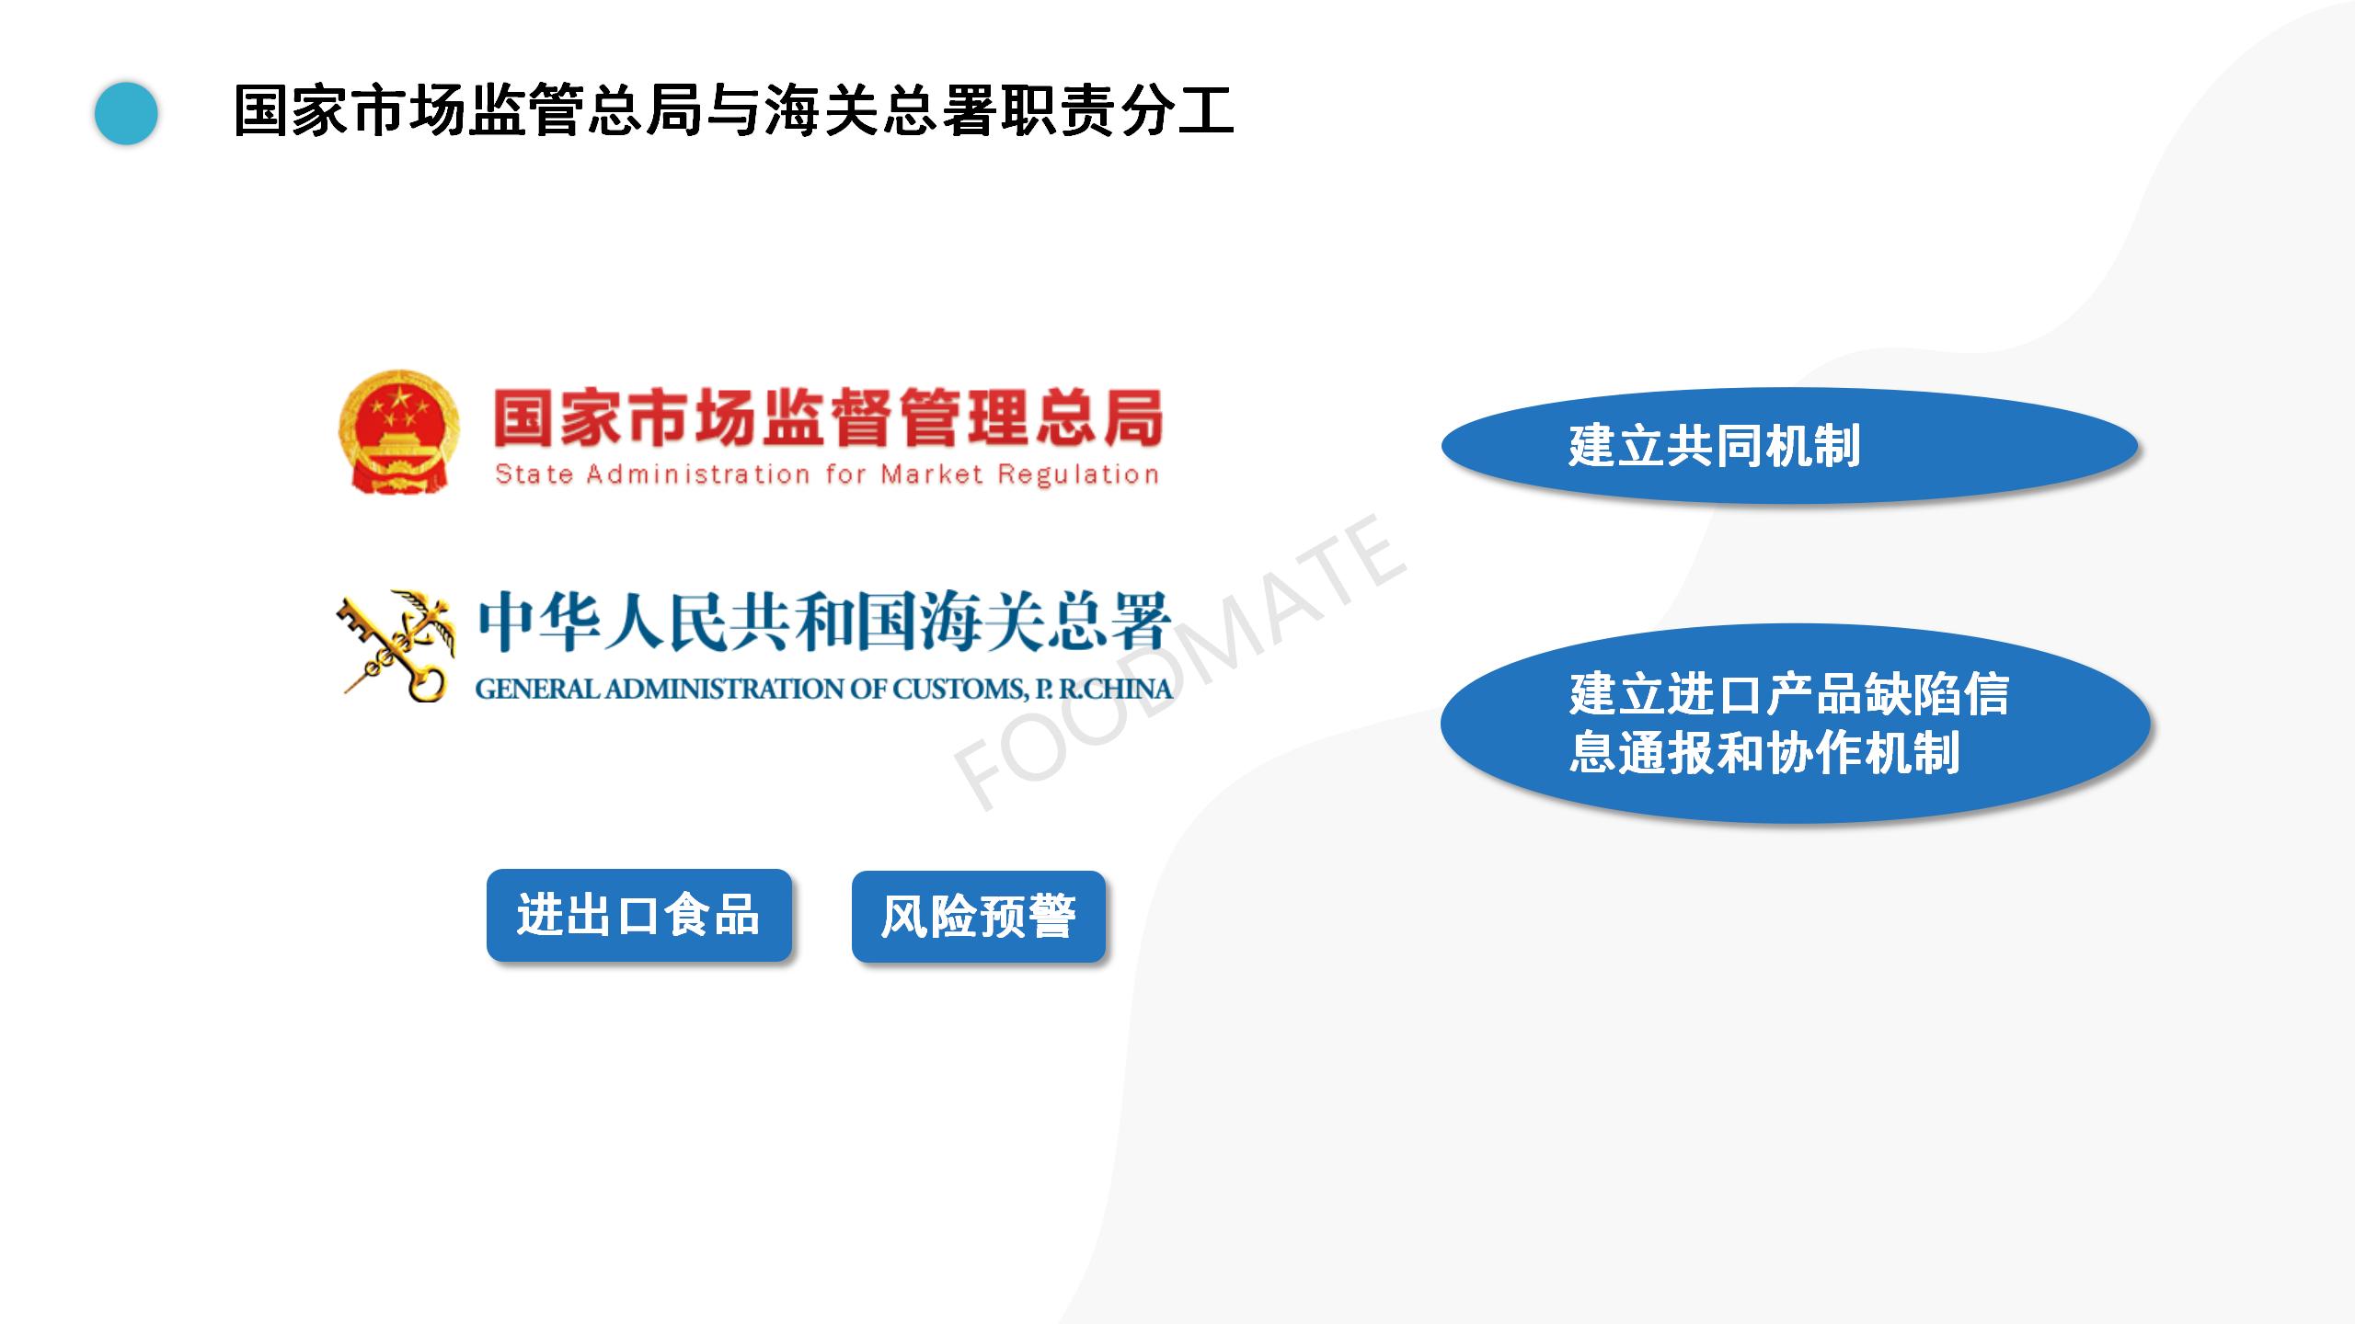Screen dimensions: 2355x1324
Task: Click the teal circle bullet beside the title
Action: point(126,113)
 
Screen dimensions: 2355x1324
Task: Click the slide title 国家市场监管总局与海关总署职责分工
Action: point(733,110)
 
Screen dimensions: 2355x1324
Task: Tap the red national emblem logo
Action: point(398,432)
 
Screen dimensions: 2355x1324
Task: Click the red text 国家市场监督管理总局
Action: point(828,419)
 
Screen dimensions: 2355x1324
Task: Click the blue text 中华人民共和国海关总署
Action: point(823,622)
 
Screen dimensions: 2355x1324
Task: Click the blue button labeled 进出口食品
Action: point(639,916)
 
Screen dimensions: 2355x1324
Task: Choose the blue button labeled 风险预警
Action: point(979,917)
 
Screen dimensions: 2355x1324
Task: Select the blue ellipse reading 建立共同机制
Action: point(1789,446)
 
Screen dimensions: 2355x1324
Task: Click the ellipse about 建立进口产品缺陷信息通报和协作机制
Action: point(1795,724)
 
